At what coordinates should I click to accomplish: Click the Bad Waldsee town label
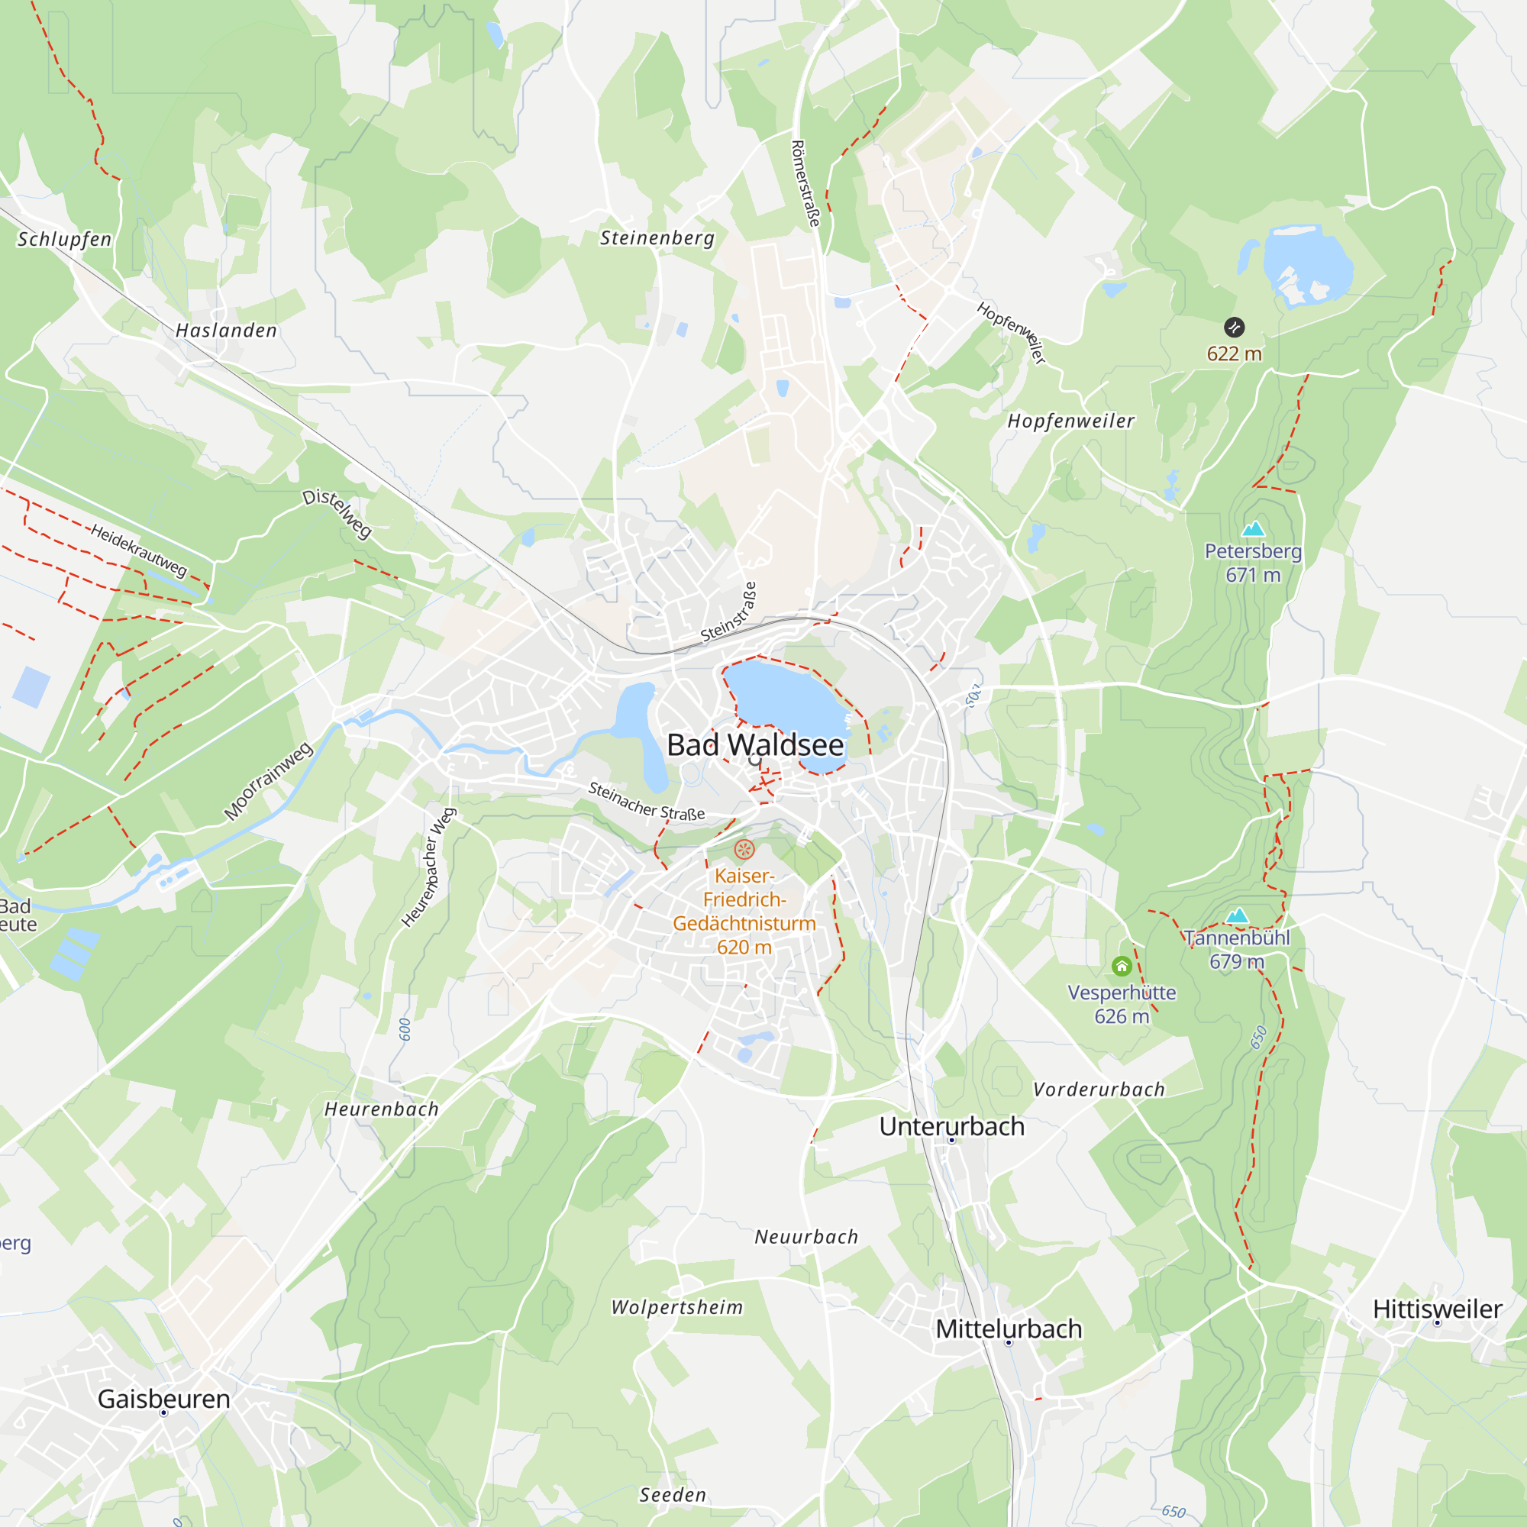[x=755, y=745]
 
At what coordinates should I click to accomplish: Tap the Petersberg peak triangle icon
[x=1253, y=529]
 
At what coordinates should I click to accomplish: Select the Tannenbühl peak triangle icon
[x=1237, y=916]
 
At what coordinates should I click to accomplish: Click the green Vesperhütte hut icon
[x=1122, y=966]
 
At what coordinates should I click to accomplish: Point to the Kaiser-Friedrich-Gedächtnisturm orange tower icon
[x=744, y=850]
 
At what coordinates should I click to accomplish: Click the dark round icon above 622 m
[x=1234, y=328]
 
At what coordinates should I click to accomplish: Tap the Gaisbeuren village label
[x=163, y=1399]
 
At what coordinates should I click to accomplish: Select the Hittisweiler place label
[x=1437, y=1309]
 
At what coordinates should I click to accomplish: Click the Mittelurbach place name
[x=1009, y=1329]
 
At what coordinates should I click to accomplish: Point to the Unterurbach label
[x=951, y=1126]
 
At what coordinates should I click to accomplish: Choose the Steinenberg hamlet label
[x=657, y=238]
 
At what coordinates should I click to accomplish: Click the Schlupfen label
[x=65, y=240]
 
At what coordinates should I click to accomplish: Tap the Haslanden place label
[x=226, y=331]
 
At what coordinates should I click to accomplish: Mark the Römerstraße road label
[x=805, y=183]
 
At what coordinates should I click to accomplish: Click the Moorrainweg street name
[x=268, y=782]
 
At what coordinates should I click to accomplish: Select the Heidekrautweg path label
[x=139, y=550]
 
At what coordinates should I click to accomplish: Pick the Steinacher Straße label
[x=646, y=801]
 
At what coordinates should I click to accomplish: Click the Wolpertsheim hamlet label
[x=677, y=1308]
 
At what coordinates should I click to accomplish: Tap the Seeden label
[x=673, y=1496]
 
